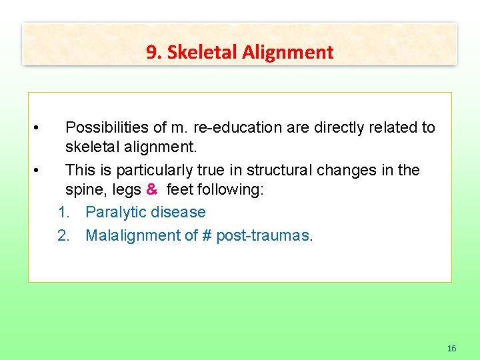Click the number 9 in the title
pyautogui.click(x=151, y=53)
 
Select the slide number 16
pyautogui.click(x=451, y=348)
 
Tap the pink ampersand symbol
pyautogui.click(x=152, y=189)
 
